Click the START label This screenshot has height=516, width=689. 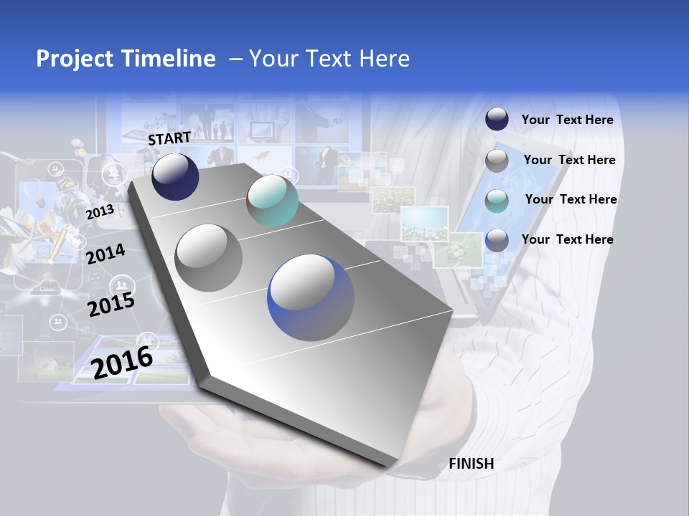169,138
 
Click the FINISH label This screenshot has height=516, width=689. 471,464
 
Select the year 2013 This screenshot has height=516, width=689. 100,212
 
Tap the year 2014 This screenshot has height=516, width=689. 106,254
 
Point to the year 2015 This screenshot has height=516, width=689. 111,305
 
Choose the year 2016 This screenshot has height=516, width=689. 122,362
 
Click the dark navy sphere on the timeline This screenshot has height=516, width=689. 175,177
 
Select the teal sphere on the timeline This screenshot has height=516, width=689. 272,201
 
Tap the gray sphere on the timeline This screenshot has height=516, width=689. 208,257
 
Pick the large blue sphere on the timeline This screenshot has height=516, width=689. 311,297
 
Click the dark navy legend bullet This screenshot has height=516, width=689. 497,119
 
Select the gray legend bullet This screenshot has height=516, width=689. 497,161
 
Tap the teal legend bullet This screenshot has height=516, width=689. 497,201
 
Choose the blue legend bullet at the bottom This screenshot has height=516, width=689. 497,240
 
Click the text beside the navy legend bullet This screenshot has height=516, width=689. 567,120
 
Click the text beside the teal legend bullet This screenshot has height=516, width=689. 571,199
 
